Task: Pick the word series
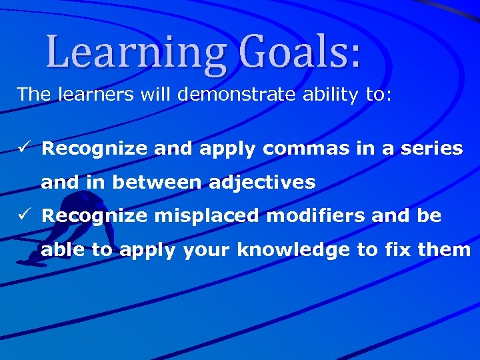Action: (x=433, y=148)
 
